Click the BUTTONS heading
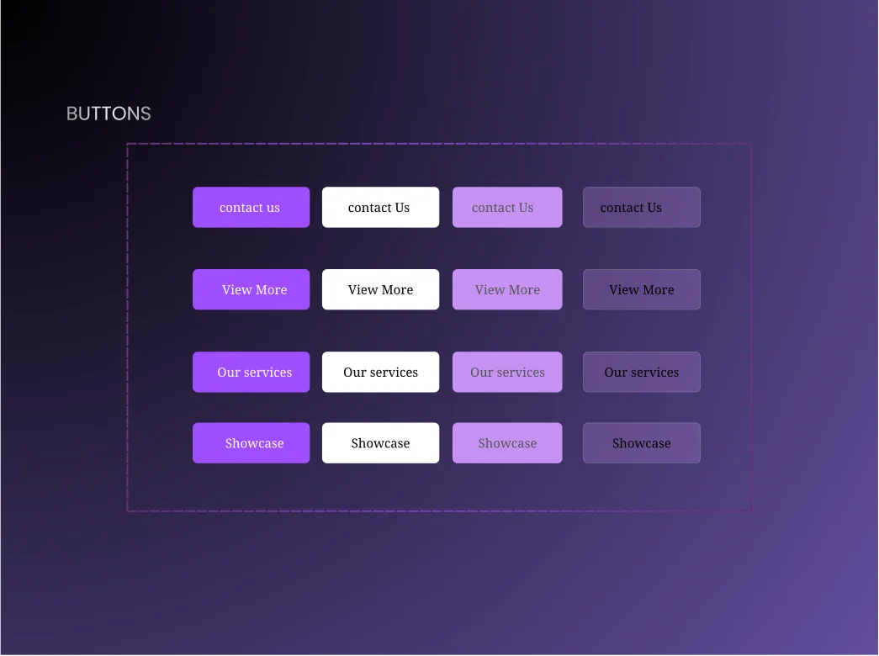109,114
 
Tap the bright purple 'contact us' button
251,207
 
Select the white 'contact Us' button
380,207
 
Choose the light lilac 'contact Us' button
507,207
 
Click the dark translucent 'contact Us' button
641,207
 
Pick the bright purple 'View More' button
251,289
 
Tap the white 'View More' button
380,289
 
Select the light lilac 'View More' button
507,289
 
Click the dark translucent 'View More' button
641,289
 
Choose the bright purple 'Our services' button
251,372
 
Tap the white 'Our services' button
380,372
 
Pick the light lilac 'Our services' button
507,372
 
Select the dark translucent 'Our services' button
641,372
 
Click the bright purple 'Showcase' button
251,442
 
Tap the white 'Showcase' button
380,442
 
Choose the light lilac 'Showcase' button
507,442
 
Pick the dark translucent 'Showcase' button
641,442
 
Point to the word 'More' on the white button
397,289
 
